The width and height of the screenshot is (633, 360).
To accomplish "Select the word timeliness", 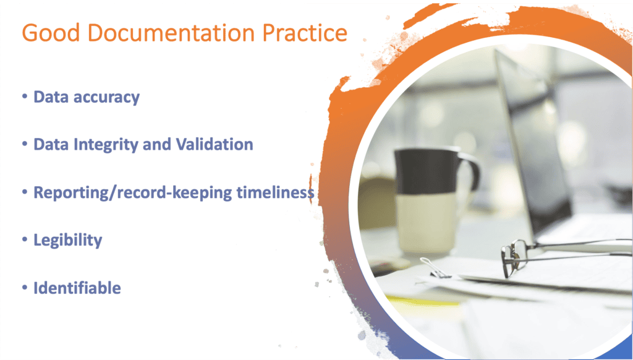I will click(276, 192).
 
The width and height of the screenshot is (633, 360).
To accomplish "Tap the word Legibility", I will click(67, 240).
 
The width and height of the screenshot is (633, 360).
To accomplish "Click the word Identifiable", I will click(77, 288).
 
